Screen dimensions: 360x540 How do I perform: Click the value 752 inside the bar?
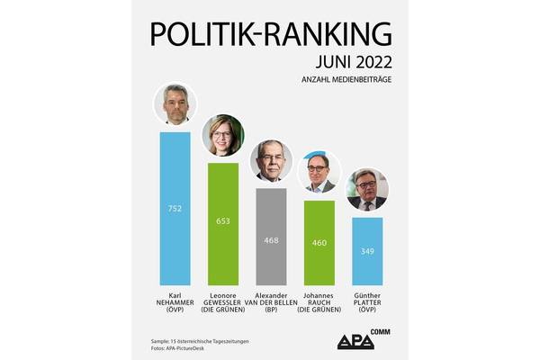coord(175,208)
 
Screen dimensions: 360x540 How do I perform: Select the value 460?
coord(319,242)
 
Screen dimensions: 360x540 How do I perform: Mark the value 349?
coord(367,251)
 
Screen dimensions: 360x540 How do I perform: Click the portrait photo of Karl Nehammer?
coord(175,105)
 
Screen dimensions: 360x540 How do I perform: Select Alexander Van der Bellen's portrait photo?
coord(271,161)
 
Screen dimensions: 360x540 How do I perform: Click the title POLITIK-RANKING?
coord(271,33)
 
